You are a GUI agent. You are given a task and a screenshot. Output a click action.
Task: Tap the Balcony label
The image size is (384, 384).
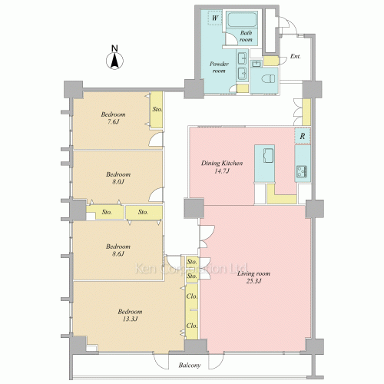click(x=190, y=366)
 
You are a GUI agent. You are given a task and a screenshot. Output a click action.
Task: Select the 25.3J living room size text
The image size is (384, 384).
click(x=254, y=281)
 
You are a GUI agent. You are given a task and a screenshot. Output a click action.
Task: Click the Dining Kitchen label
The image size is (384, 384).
click(x=222, y=163)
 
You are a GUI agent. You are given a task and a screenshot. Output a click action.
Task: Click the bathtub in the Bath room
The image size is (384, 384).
click(x=242, y=20)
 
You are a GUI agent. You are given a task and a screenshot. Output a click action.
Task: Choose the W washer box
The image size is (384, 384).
click(x=215, y=18)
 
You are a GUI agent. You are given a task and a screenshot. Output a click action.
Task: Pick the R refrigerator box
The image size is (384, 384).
click(x=303, y=136)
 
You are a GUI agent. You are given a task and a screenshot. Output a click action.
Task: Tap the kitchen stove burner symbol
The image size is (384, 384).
click(x=302, y=171)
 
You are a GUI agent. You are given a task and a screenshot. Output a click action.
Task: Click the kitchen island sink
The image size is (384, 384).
click(x=268, y=155)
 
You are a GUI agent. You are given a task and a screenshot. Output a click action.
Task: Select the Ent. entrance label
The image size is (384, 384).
click(x=296, y=56)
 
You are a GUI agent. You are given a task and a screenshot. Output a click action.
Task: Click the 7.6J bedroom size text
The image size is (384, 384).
click(x=113, y=121)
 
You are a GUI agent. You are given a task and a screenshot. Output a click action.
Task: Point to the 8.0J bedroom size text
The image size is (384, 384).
click(x=118, y=182)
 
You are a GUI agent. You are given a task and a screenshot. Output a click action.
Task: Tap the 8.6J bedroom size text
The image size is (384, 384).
click(x=118, y=253)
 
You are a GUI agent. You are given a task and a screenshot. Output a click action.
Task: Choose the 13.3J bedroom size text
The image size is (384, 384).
click(x=130, y=319)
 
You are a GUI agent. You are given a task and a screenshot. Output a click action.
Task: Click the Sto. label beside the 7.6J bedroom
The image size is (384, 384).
click(x=157, y=109)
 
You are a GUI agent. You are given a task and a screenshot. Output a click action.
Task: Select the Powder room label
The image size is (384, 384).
click(x=219, y=67)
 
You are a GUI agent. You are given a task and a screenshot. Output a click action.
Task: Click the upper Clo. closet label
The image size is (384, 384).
click(x=192, y=296)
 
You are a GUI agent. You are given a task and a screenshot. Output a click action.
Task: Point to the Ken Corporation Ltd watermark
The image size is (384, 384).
click(x=190, y=269)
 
